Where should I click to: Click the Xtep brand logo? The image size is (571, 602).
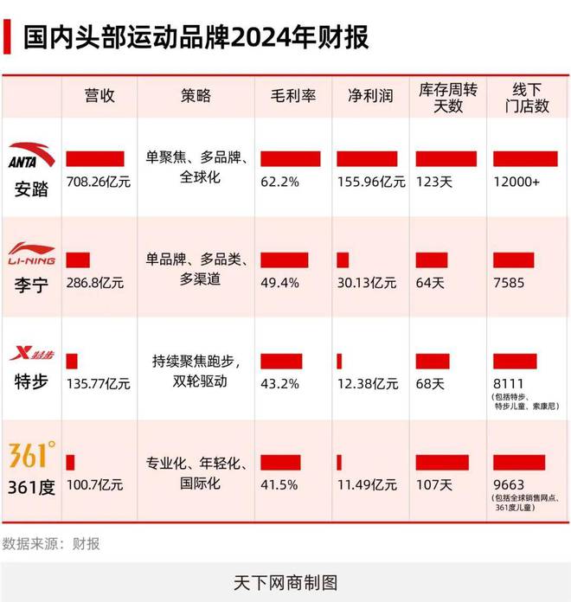(x=30, y=353)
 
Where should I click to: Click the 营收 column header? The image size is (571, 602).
(x=99, y=96)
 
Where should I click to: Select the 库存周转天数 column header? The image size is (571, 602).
(x=447, y=96)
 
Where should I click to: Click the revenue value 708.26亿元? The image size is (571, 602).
(x=99, y=183)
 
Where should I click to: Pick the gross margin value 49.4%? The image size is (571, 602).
(x=280, y=283)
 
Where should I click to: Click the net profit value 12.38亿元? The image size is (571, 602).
(x=368, y=383)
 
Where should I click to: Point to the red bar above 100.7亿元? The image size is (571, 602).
(x=70, y=463)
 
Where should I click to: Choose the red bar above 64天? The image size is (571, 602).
(x=431, y=259)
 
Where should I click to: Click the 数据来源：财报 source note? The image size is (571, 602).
(x=51, y=543)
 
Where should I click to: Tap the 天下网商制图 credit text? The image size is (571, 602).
(x=285, y=581)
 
